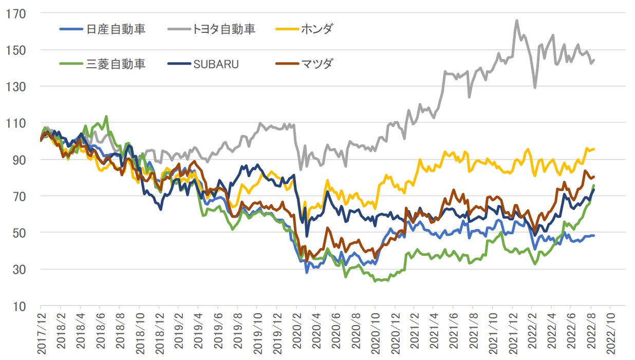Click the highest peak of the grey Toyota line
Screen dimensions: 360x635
click(x=516, y=21)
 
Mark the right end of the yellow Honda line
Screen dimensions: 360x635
click(x=594, y=149)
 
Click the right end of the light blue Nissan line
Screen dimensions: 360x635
click(x=594, y=236)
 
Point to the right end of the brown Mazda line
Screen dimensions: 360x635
click(x=594, y=177)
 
